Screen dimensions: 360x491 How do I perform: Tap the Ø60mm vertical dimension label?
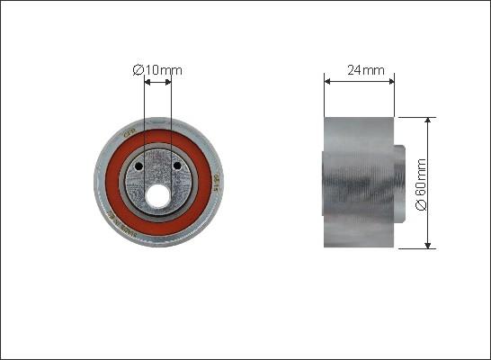coord(420,184)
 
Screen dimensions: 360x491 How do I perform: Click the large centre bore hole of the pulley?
coord(158,193)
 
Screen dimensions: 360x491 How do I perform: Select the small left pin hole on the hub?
coord(139,166)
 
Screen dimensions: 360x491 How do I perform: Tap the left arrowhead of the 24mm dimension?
coord(327,81)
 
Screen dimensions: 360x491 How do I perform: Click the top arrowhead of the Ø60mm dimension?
coord(428,121)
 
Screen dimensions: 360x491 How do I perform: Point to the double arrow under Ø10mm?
coord(158,83)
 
